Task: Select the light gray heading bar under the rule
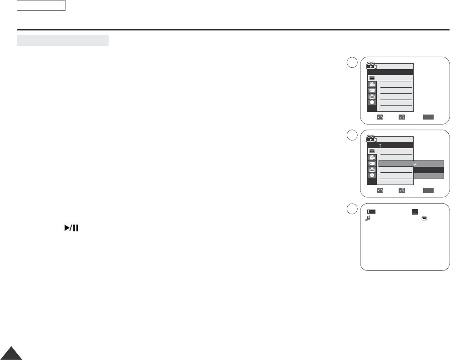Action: pyautogui.click(x=63, y=40)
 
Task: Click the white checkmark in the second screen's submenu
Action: pyautogui.click(x=415, y=164)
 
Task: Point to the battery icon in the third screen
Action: pyautogui.click(x=372, y=212)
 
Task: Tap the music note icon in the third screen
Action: pyautogui.click(x=368, y=219)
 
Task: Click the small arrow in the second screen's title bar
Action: pyautogui.click(x=380, y=145)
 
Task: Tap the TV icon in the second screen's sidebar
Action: pyautogui.click(x=372, y=169)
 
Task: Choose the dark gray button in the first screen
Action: pyautogui.click(x=428, y=117)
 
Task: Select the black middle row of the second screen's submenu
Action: pyautogui.click(x=428, y=170)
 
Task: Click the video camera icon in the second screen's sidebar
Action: pyautogui.click(x=372, y=157)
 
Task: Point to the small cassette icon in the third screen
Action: pyautogui.click(x=424, y=219)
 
